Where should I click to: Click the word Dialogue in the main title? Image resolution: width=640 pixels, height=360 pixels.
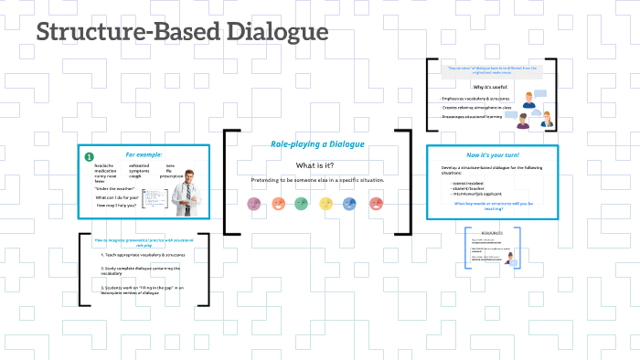click(x=266, y=33)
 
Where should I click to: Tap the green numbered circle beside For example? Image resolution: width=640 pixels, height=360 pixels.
click(x=89, y=157)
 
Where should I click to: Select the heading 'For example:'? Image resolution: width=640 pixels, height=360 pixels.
click(x=144, y=154)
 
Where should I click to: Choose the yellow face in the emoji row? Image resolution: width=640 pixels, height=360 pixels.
click(x=325, y=204)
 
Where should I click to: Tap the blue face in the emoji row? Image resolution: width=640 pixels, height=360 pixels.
click(x=350, y=204)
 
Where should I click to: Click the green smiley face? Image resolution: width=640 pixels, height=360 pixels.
click(x=302, y=204)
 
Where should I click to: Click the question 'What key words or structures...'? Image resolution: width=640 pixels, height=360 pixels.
click(x=494, y=206)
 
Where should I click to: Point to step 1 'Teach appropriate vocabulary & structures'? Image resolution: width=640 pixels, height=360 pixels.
click(x=140, y=253)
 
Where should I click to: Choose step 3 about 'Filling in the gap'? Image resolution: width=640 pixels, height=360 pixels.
click(x=144, y=291)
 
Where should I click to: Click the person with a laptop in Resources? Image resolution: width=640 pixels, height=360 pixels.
click(x=508, y=259)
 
